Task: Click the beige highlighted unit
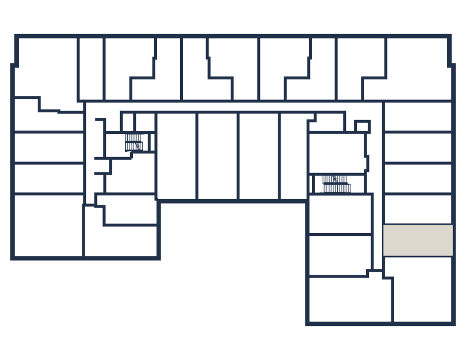418,240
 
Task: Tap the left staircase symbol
134,142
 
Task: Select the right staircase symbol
335,184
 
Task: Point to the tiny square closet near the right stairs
362,126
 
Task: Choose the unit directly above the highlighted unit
418,209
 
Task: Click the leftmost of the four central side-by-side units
177,156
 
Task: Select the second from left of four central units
218,156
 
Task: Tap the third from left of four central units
259,156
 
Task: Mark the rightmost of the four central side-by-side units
294,156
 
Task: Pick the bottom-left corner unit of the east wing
349,299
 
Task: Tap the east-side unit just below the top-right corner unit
418,116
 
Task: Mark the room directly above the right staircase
337,152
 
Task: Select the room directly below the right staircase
340,214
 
